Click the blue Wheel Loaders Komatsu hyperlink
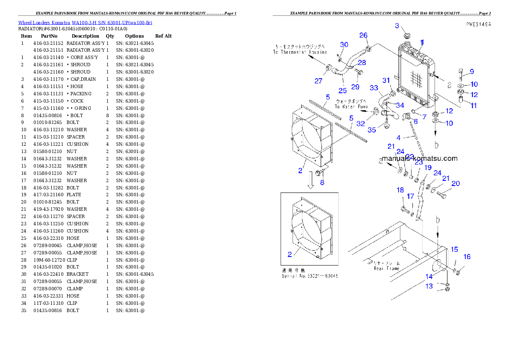point(85,23)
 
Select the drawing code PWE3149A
point(478,24)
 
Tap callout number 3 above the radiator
point(397,26)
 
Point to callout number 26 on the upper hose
point(363,35)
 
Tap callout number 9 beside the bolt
point(471,71)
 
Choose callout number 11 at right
point(473,106)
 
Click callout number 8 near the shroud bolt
point(322,183)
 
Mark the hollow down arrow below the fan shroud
point(311,183)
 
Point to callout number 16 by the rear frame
point(467,257)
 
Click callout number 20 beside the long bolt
point(456,183)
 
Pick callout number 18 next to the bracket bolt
point(400,190)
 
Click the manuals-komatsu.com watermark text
point(419,158)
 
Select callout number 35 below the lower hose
point(372,130)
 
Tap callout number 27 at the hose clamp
point(318,81)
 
